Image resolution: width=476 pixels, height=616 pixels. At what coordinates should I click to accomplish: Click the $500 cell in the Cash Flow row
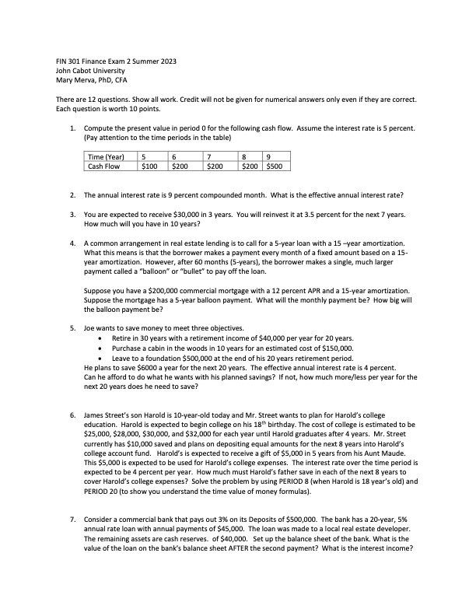[275, 166]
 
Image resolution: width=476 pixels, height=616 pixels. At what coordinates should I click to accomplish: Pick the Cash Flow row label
[103, 166]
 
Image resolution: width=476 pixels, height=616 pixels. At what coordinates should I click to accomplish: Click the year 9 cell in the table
[268, 156]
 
